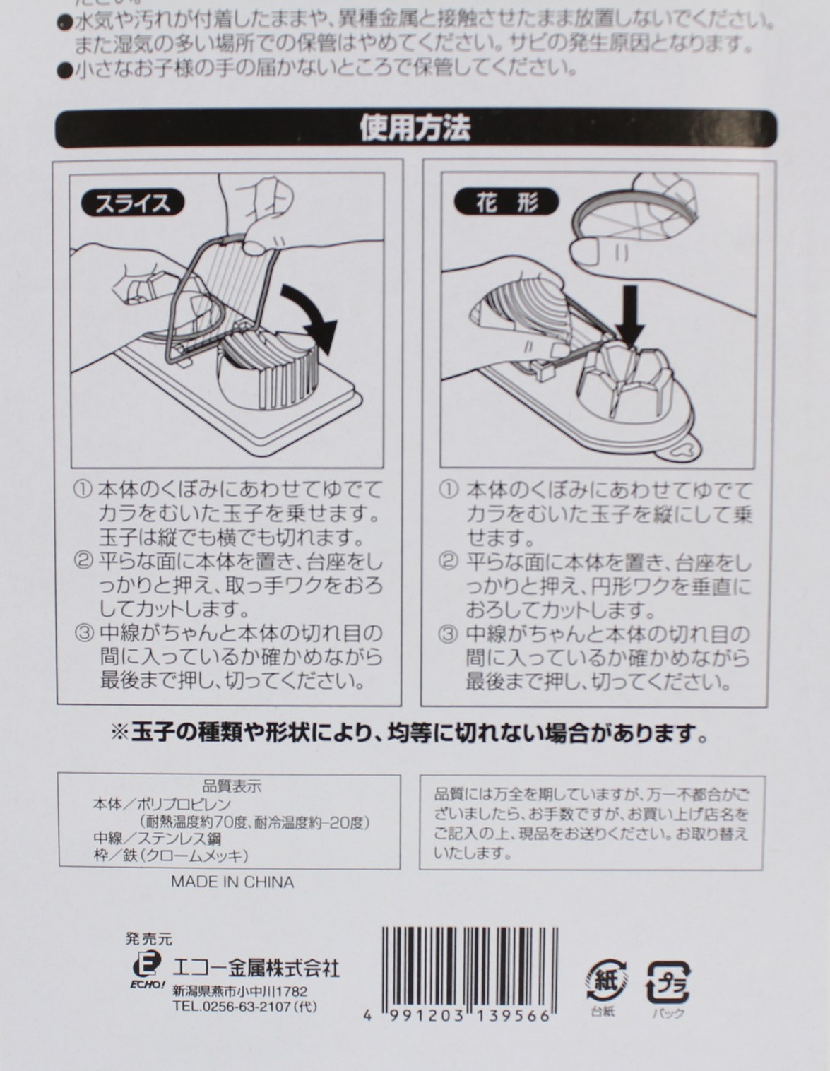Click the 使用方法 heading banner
click(415, 129)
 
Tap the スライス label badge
click(133, 203)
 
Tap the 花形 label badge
click(506, 203)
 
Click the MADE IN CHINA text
click(232, 882)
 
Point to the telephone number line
click(244, 1007)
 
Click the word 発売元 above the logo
click(148, 940)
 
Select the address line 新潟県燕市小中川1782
click(239, 992)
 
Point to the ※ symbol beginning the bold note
click(119, 733)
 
